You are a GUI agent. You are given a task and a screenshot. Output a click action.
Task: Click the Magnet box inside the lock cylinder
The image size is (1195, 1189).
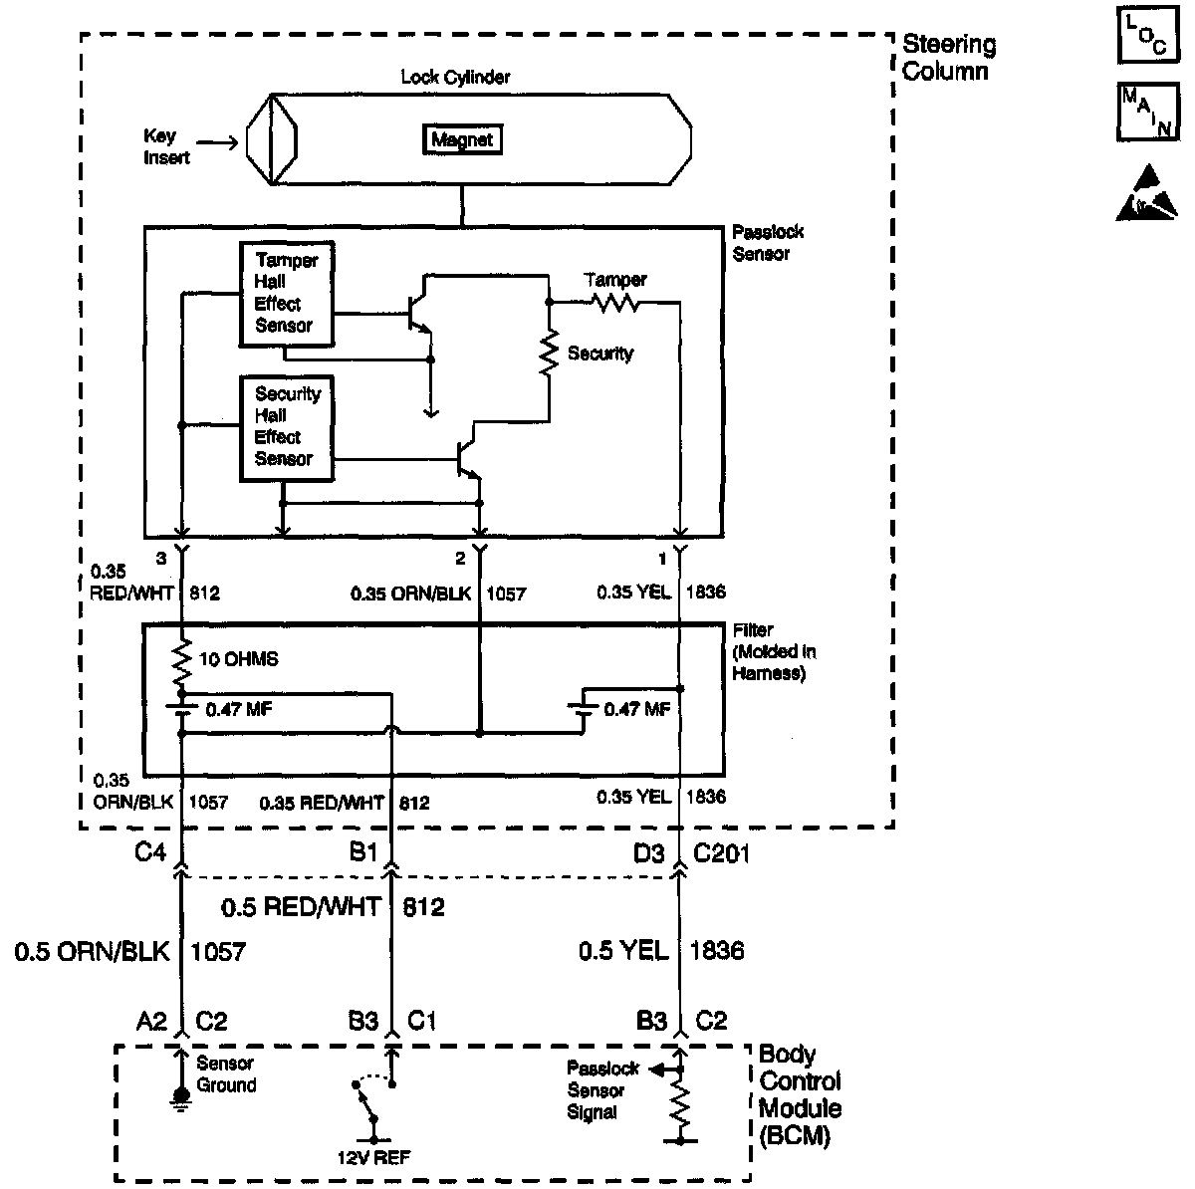click(x=461, y=140)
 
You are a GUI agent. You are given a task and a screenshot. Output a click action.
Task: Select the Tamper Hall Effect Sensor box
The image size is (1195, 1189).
click(x=286, y=293)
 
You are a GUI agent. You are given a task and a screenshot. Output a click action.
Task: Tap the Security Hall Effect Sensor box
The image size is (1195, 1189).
click(x=286, y=426)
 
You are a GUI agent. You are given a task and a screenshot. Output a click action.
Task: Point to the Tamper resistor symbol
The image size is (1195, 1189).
click(x=614, y=302)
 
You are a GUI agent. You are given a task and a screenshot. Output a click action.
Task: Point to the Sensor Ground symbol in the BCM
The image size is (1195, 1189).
click(x=180, y=1095)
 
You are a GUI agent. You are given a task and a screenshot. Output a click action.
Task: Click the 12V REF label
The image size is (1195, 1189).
click(x=374, y=1156)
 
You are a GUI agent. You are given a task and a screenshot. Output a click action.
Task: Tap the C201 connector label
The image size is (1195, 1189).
click(x=721, y=853)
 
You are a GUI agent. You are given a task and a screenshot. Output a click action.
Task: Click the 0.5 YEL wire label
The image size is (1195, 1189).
click(x=623, y=951)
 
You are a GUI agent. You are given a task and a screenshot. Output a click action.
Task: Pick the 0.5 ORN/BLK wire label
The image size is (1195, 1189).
click(x=91, y=951)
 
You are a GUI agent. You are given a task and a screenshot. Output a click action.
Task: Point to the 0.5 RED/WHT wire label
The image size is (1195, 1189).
click(x=301, y=906)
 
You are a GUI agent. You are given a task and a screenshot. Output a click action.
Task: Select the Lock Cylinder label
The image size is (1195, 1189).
click(x=455, y=77)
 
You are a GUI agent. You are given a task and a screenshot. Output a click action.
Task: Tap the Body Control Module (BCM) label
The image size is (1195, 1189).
click(x=799, y=1094)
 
